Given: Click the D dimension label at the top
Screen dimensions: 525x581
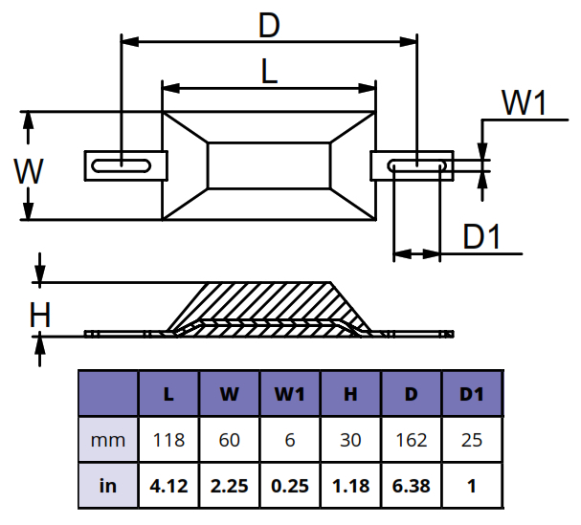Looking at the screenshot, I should (x=269, y=26).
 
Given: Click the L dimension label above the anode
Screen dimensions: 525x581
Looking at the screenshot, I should (x=269, y=72).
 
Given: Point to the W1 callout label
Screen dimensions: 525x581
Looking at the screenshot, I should (x=524, y=102).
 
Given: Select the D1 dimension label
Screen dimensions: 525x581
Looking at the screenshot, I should (x=482, y=237).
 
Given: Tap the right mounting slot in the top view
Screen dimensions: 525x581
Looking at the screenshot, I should (x=419, y=165).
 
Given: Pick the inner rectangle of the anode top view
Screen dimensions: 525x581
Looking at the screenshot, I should (x=269, y=164).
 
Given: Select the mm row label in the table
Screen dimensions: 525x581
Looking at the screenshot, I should (x=107, y=441).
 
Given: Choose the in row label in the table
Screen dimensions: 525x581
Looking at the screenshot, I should (x=107, y=485).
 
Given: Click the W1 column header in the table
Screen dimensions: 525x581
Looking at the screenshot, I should (x=290, y=393).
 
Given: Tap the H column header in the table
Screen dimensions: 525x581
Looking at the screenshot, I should (x=350, y=393).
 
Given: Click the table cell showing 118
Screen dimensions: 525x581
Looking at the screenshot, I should (x=168, y=441).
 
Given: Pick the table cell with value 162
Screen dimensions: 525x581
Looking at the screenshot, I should (x=412, y=441).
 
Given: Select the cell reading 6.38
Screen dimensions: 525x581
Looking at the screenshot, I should (x=412, y=485).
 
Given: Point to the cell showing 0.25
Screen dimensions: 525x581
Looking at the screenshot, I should (x=290, y=485).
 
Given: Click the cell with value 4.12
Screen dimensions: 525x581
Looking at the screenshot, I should (x=168, y=485).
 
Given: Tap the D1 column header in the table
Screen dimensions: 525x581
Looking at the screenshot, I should (x=472, y=393).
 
